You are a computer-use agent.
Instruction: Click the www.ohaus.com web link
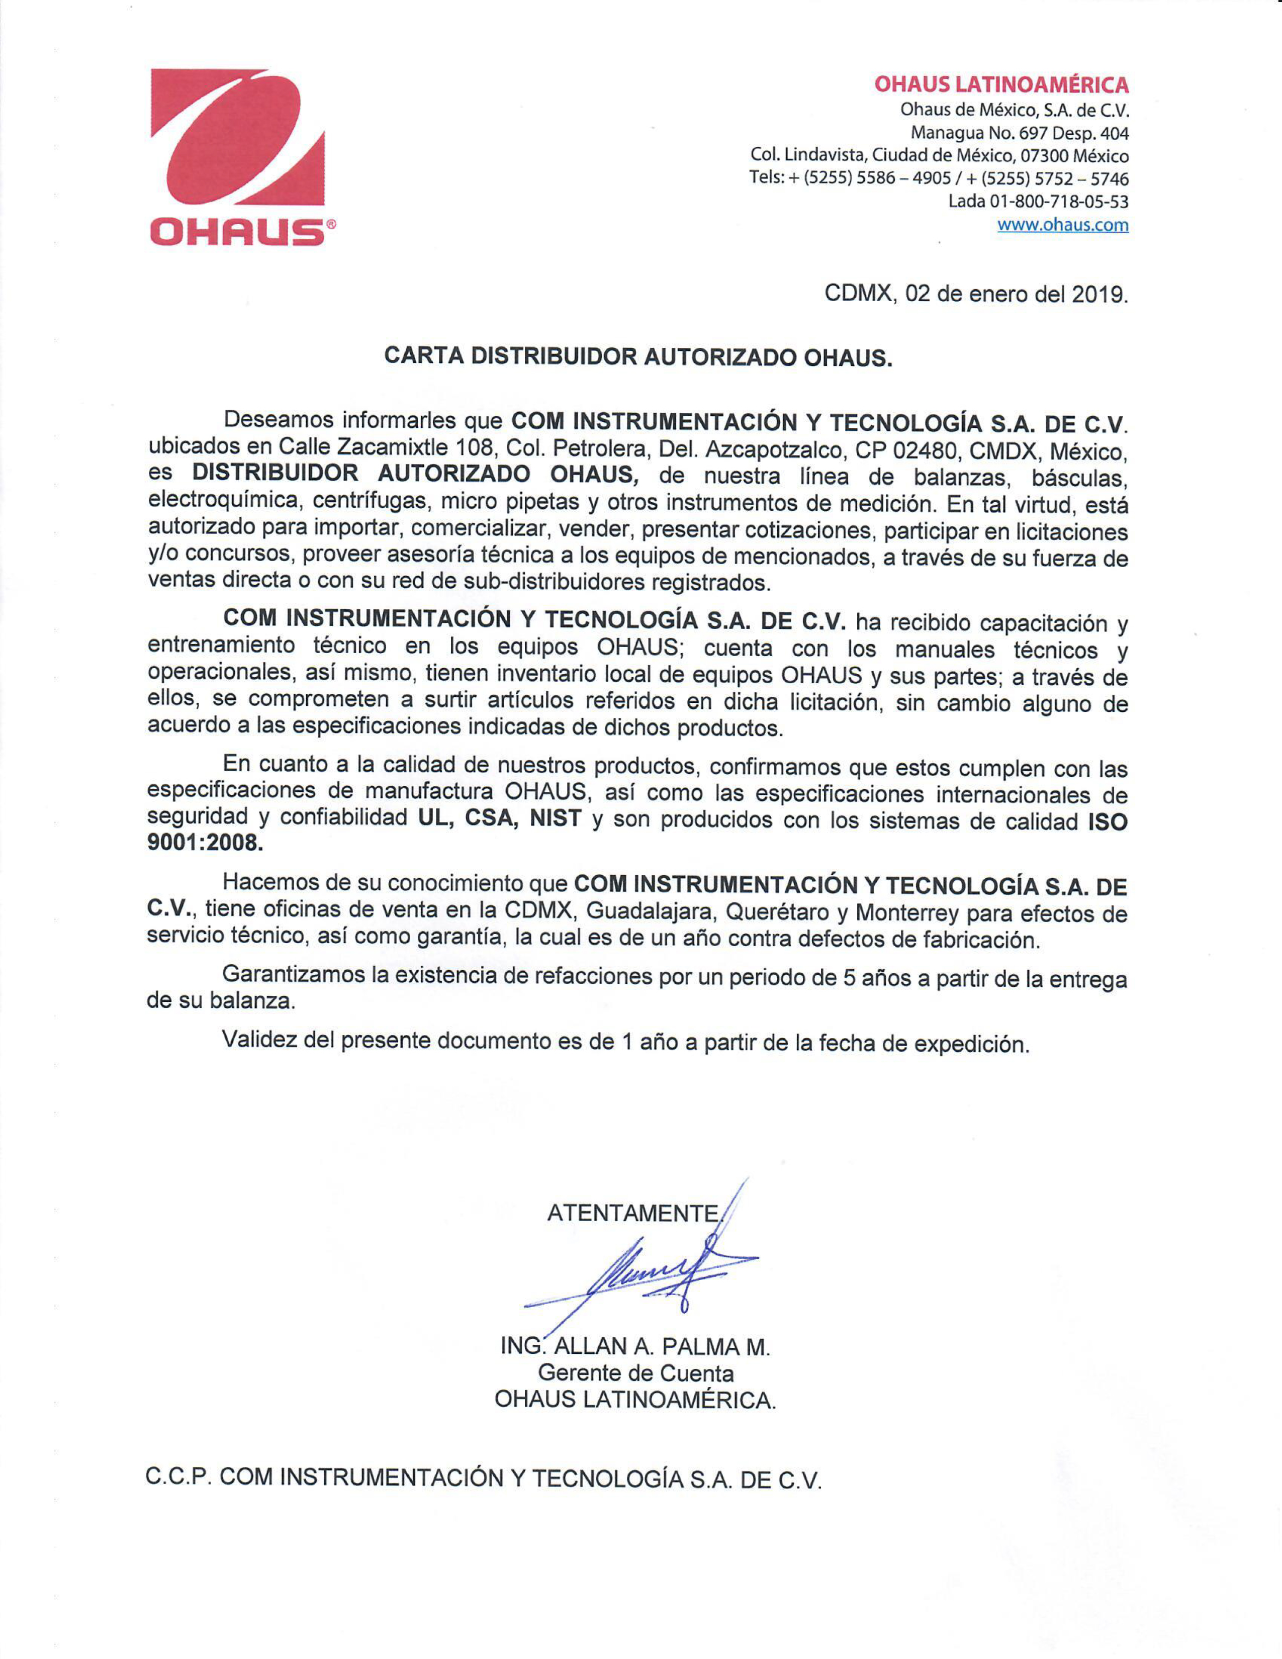(x=1062, y=225)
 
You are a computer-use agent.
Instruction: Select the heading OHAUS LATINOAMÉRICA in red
(x=1001, y=84)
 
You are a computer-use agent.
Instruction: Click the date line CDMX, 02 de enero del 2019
(x=976, y=294)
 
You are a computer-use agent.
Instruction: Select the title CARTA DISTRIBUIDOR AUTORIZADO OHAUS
(x=638, y=356)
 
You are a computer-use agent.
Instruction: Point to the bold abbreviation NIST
(x=555, y=819)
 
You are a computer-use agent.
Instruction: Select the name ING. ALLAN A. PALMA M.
(x=635, y=1347)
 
